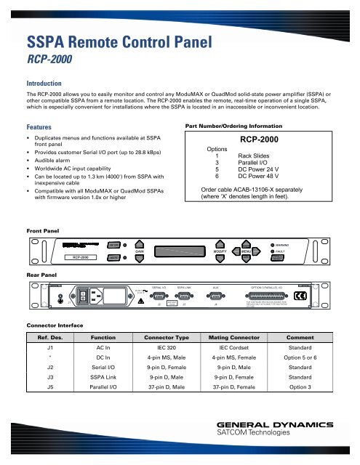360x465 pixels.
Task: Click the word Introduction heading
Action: coord(48,83)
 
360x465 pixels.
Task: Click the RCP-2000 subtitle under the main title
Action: coord(49,60)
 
